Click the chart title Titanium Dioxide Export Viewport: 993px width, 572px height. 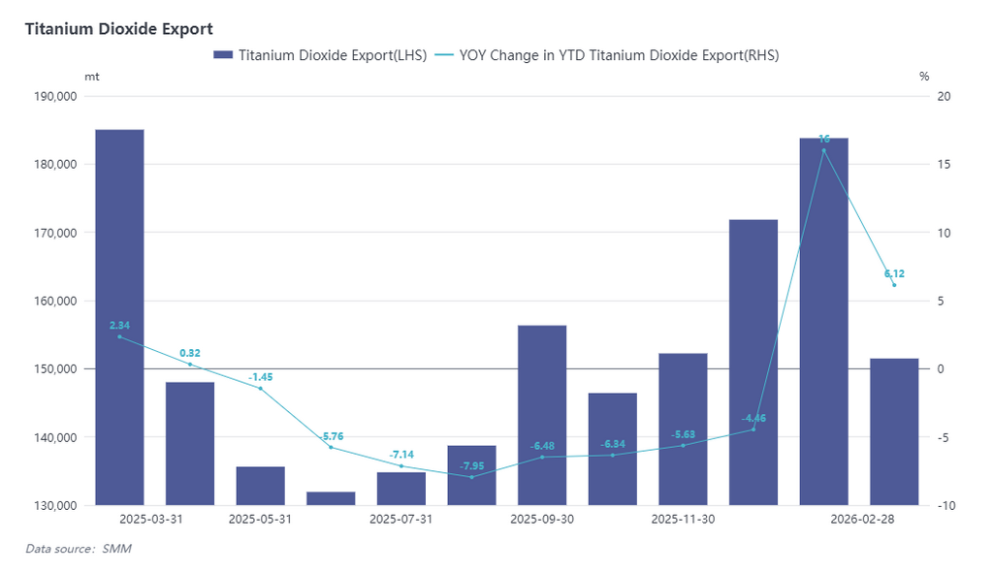click(x=118, y=29)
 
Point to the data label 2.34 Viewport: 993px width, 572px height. click(x=119, y=326)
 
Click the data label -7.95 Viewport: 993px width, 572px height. click(x=472, y=465)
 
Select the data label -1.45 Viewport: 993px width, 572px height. click(x=260, y=376)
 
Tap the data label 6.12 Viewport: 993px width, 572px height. click(x=894, y=273)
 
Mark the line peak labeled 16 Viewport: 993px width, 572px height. click(x=824, y=149)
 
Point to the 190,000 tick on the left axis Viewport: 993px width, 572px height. click(x=54, y=96)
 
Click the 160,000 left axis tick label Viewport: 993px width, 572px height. click(x=54, y=301)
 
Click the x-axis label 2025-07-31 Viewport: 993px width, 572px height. click(x=401, y=520)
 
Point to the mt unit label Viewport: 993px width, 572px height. click(x=91, y=76)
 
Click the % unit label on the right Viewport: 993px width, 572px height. click(x=924, y=76)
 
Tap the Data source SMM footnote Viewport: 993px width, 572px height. click(x=78, y=550)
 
